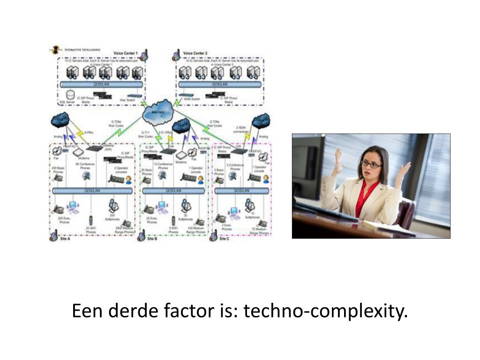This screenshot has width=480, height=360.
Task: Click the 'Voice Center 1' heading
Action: [126, 53]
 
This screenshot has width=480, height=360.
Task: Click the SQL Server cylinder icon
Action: [71, 95]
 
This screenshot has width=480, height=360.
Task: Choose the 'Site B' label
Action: [152, 239]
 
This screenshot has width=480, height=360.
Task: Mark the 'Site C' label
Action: [225, 239]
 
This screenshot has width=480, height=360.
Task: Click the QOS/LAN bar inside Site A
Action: [92, 191]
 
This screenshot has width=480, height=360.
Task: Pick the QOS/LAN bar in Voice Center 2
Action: [219, 84]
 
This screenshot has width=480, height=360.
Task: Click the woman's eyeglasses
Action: [371, 164]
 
